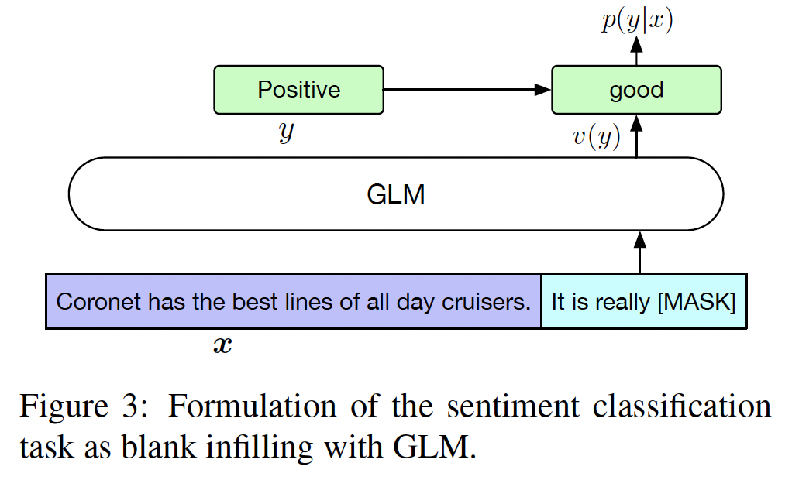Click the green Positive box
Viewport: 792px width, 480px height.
[x=298, y=90]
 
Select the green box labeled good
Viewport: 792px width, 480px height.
[x=636, y=90]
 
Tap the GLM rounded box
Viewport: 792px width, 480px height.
[x=395, y=194]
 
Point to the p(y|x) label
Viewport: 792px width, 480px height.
[x=637, y=22]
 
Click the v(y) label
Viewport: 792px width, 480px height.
[x=596, y=137]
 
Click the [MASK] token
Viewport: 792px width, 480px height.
[x=696, y=301]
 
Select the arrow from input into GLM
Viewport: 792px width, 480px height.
[x=639, y=252]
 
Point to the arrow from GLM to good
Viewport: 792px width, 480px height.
[x=637, y=136]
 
